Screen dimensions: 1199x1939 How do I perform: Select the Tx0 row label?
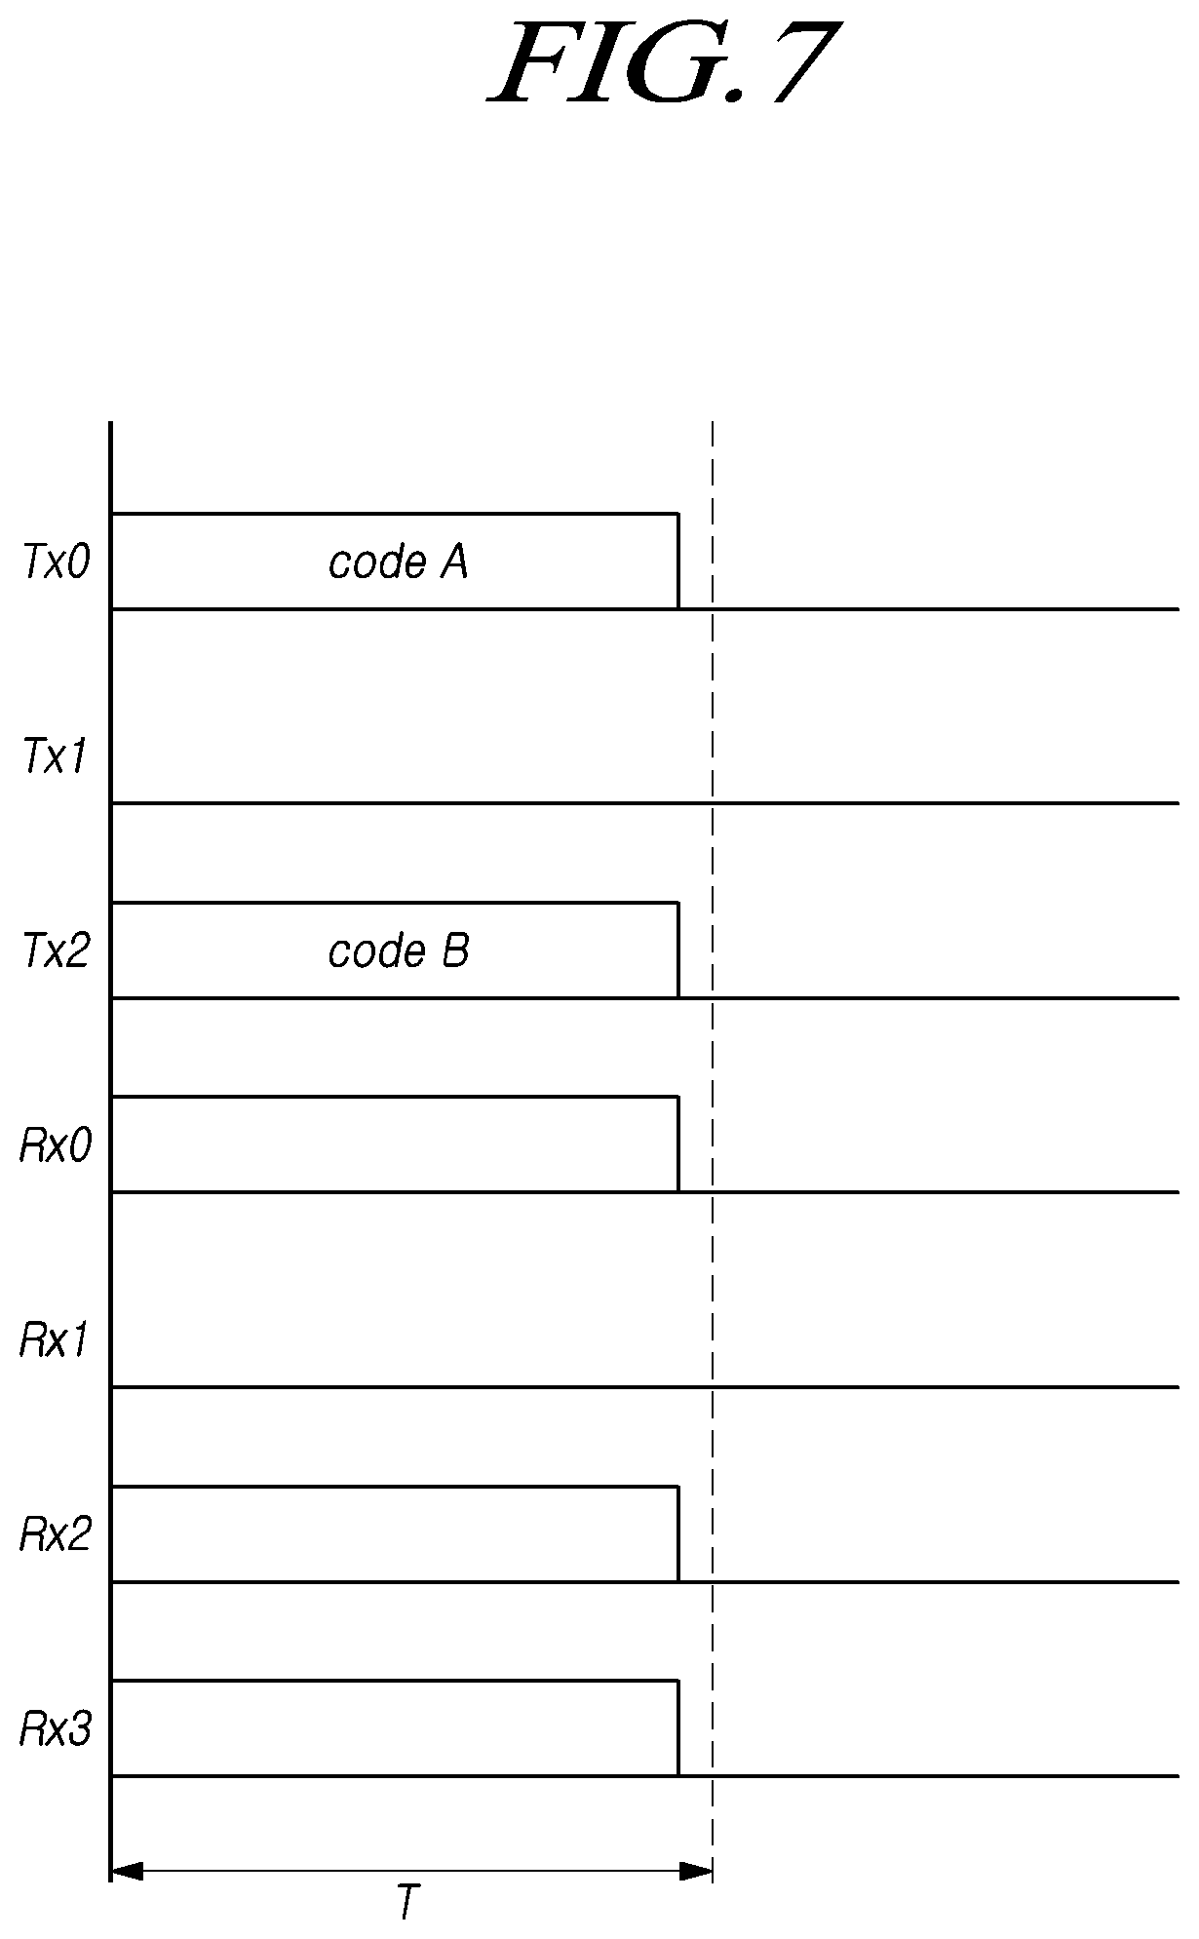[x=57, y=563]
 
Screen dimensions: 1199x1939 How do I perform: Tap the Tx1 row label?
[x=56, y=756]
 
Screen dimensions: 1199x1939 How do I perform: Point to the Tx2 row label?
[x=57, y=950]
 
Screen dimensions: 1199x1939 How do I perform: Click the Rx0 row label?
[x=57, y=1145]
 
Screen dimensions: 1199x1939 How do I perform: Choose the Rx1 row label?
[x=56, y=1340]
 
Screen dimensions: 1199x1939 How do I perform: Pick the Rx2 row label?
[x=57, y=1535]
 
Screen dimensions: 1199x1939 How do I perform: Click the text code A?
[x=398, y=562]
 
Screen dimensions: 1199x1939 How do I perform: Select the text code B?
[x=398, y=951]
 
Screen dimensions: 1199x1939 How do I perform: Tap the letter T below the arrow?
[x=408, y=1902]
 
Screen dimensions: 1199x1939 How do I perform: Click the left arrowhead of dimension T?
[x=128, y=1871]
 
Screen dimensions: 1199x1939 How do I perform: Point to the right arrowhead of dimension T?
[x=696, y=1871]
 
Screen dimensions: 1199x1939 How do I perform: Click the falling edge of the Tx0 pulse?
[x=678, y=561]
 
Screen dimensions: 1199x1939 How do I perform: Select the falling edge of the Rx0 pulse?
[x=678, y=1144]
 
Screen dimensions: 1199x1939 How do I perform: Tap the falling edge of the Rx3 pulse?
[x=678, y=1728]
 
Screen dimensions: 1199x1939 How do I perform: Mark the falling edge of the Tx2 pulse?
[x=678, y=950]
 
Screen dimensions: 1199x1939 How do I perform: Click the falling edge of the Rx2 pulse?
[x=678, y=1533]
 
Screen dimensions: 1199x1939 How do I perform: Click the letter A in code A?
[x=453, y=562]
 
